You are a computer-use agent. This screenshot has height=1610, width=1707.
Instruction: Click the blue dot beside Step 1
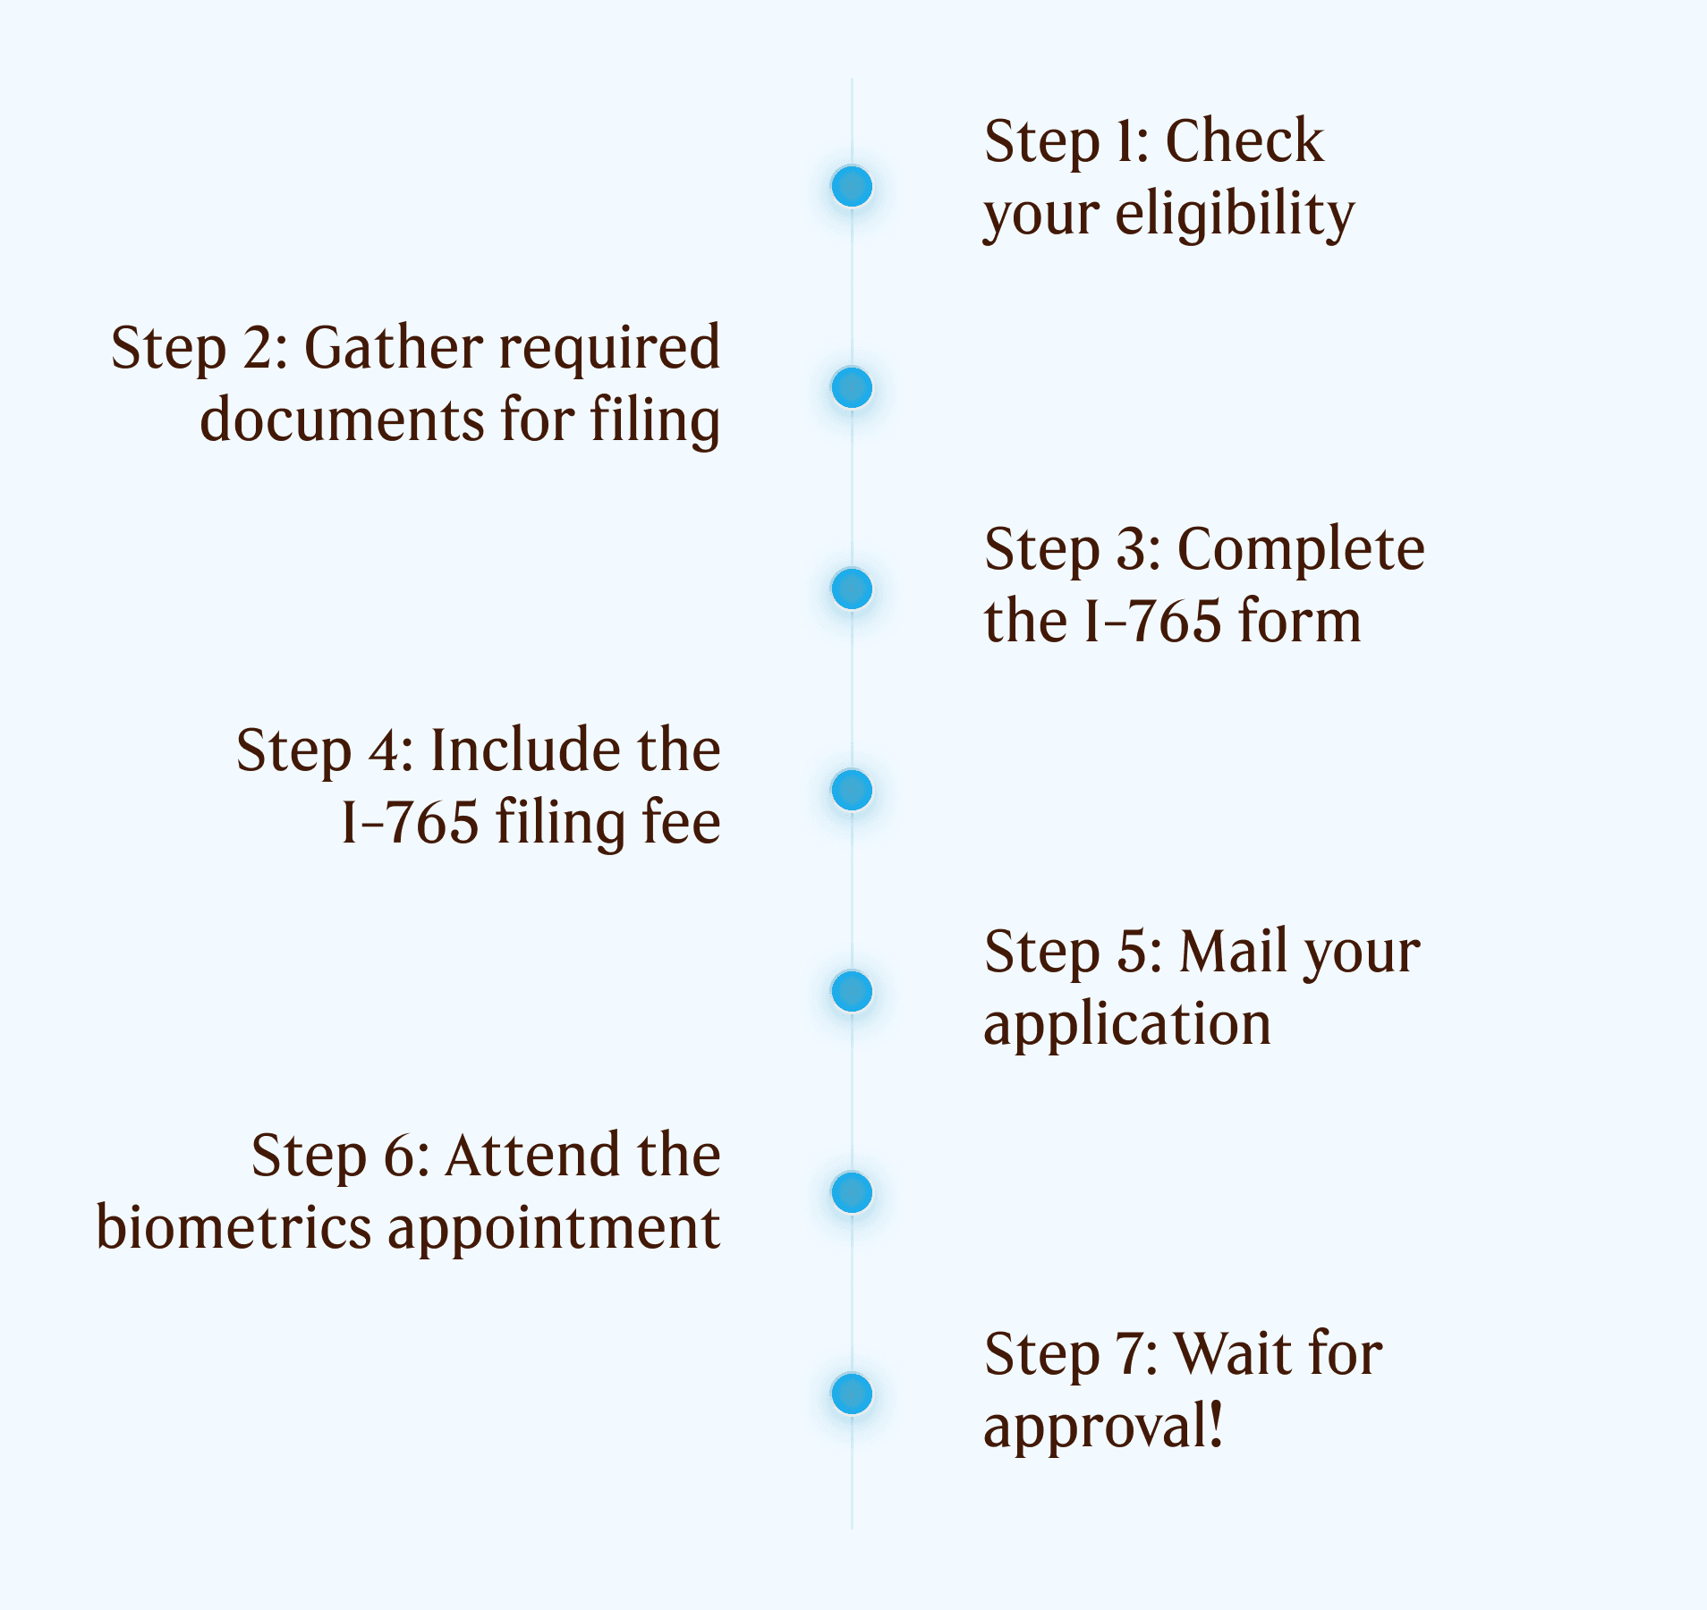pos(852,186)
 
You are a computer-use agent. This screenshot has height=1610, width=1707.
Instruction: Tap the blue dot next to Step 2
pos(852,387)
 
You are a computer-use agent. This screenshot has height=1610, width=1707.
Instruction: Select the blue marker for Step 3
pos(852,589)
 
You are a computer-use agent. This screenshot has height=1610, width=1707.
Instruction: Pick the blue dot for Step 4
pos(852,790)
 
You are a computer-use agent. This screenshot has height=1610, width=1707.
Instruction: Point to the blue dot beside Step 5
pos(852,991)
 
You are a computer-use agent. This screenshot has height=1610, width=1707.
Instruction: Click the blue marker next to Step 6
pos(852,1192)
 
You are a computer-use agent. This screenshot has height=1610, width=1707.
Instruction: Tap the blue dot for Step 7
pos(852,1394)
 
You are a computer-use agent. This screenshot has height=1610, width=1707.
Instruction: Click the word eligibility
pos(1235,215)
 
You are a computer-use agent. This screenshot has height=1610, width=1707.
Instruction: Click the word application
pos(1126,1025)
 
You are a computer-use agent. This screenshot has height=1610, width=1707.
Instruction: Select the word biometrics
pos(234,1227)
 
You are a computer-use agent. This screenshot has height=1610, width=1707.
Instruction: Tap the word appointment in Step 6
pos(554,1229)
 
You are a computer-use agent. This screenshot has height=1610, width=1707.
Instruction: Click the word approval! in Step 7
pos(1102,1428)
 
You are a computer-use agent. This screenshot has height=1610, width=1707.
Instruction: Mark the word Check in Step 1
pos(1244,141)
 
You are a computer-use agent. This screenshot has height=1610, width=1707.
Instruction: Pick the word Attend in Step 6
pos(533,1155)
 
